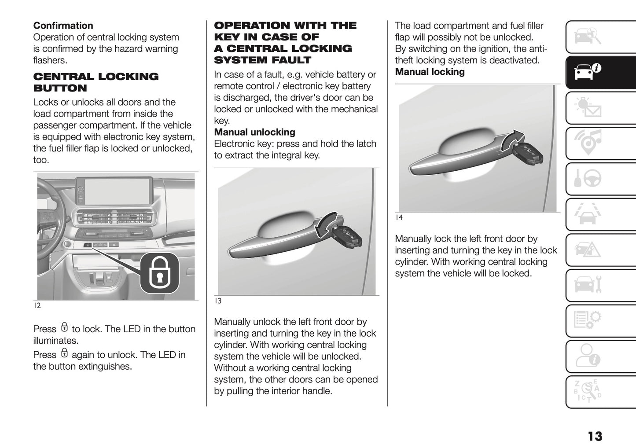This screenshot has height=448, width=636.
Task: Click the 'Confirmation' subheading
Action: [63, 26]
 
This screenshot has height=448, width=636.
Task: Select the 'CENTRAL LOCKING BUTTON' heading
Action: [96, 82]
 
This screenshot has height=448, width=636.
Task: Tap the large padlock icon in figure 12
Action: [159, 273]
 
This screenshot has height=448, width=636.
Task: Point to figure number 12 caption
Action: [37, 305]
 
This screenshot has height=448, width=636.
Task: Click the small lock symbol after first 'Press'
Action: [64, 328]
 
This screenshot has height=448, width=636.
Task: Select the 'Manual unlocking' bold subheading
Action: [254, 132]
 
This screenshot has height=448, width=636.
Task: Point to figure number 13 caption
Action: [218, 301]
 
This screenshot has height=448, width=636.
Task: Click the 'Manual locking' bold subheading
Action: [430, 72]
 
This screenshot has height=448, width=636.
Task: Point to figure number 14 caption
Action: [398, 217]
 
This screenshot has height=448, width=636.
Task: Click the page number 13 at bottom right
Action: [595, 436]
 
